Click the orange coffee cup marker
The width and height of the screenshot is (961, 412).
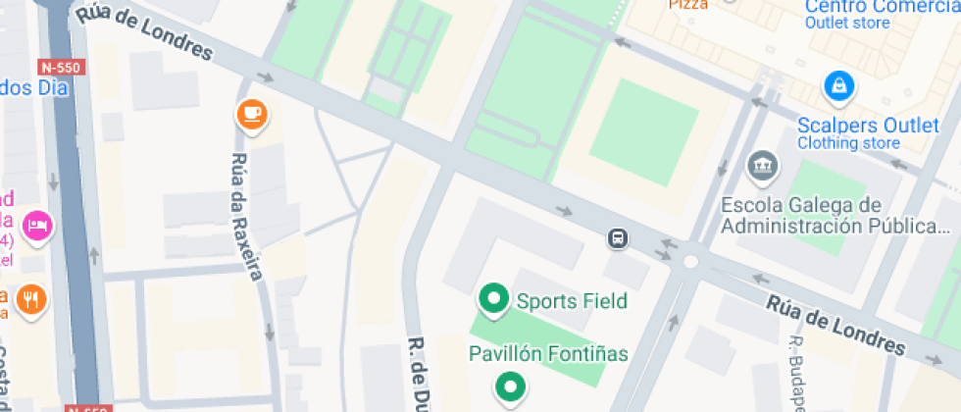[x=252, y=114]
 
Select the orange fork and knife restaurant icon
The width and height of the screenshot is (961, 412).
[x=32, y=300]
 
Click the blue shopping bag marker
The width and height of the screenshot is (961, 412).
[x=839, y=86]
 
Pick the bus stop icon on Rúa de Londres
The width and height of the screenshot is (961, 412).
[x=618, y=238]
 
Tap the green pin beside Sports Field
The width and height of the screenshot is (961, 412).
[x=492, y=299]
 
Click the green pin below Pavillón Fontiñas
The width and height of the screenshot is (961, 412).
[x=509, y=387]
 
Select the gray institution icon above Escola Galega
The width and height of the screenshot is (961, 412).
[x=762, y=167]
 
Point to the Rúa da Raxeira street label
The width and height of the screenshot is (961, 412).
[x=247, y=217]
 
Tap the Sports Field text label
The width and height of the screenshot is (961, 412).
[x=572, y=300]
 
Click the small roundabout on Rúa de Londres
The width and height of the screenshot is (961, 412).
[x=691, y=261]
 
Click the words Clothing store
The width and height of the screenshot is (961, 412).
[x=848, y=143]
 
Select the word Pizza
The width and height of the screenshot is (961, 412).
[x=687, y=5]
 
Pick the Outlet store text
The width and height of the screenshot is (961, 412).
[x=847, y=24]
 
